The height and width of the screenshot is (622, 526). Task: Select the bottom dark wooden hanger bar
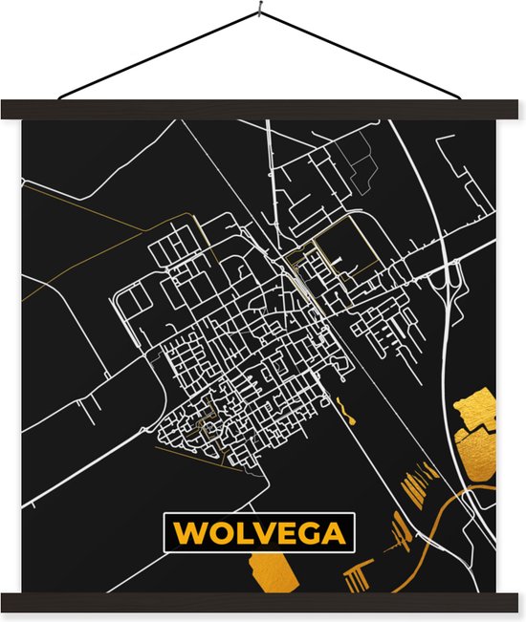tap(263, 603)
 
